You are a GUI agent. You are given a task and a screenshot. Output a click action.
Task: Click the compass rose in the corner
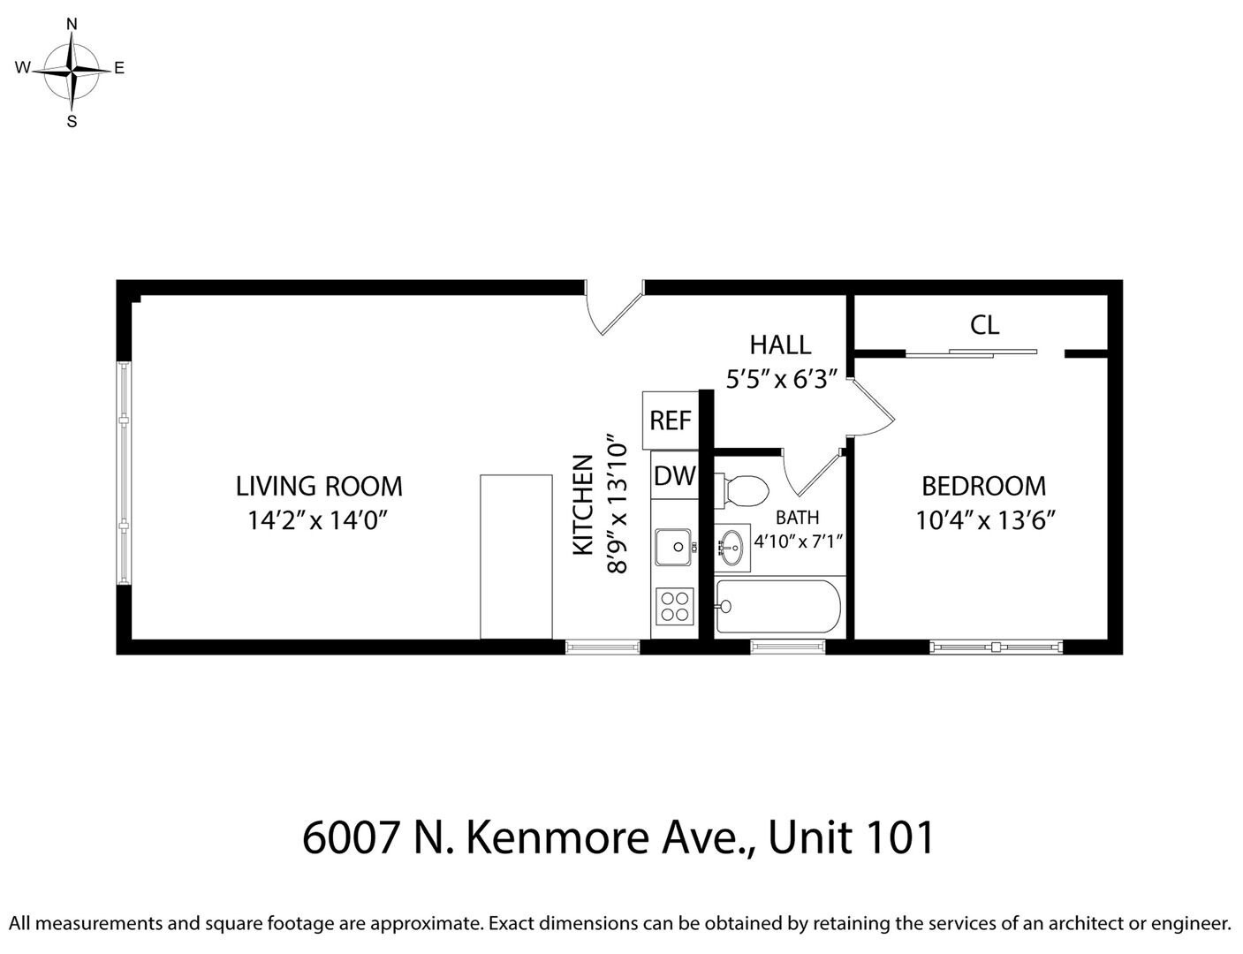[72, 69]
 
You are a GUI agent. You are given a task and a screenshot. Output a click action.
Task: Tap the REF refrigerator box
[670, 420]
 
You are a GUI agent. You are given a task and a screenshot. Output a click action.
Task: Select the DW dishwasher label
[674, 476]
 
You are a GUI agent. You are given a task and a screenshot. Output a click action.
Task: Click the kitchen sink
[674, 547]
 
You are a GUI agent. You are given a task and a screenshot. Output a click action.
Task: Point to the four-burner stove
[674, 607]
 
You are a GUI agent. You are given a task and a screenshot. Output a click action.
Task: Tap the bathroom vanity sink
[731, 548]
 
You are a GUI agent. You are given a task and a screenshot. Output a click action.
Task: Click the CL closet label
[984, 325]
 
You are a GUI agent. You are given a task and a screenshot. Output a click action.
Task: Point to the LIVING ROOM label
[318, 486]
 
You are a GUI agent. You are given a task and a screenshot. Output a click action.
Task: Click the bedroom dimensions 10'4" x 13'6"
[986, 520]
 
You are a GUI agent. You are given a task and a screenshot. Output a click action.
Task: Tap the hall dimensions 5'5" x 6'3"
[781, 380]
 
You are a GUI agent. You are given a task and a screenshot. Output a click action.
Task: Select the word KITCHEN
[583, 505]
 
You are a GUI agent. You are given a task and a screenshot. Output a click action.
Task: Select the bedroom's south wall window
[996, 647]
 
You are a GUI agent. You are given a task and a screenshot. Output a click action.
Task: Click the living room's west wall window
[125, 473]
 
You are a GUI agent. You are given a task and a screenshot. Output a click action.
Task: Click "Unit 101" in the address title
[851, 837]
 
